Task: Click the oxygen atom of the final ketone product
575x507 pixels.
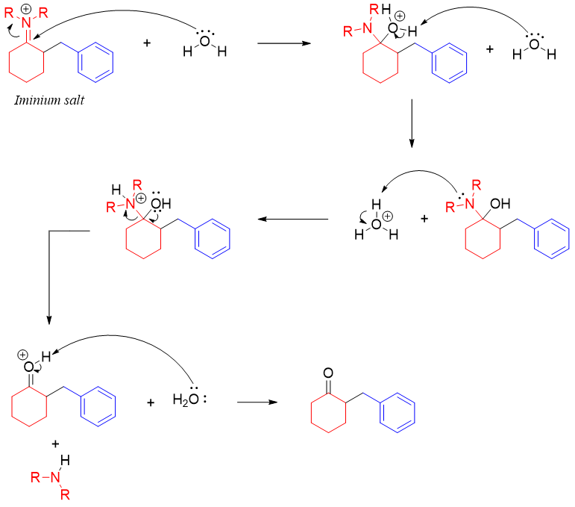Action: tap(329, 372)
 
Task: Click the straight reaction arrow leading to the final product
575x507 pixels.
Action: tap(257, 402)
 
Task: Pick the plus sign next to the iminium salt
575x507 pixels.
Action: tap(147, 44)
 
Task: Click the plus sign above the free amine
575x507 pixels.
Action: tap(55, 444)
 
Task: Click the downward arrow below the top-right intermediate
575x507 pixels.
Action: tap(412, 123)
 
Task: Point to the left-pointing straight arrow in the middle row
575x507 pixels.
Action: tap(294, 220)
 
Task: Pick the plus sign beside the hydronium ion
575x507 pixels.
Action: tap(425, 220)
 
